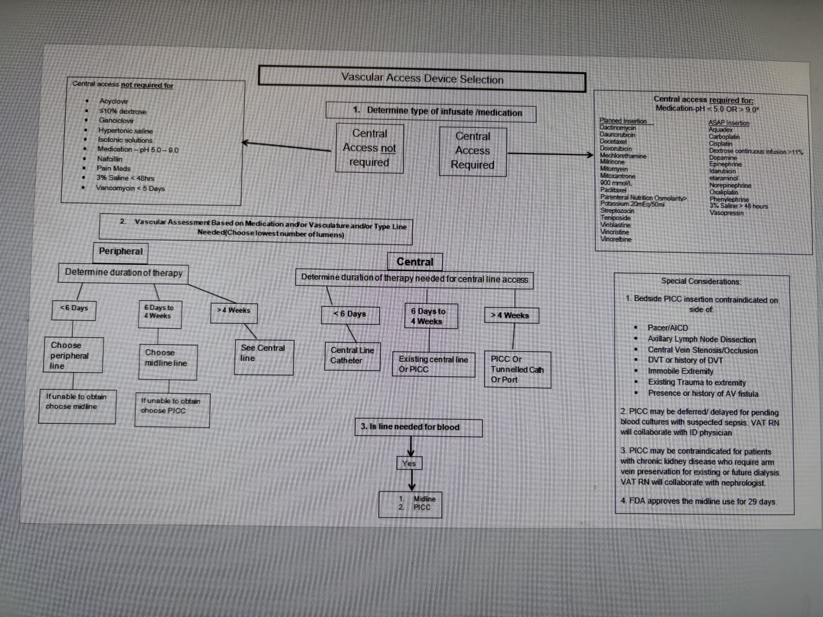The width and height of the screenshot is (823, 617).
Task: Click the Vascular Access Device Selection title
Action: coord(422,78)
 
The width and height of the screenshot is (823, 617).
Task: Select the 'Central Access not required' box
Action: coord(369,148)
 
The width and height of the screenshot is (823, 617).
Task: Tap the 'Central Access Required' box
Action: coord(473,151)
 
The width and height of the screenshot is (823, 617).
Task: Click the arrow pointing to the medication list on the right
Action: coord(550,153)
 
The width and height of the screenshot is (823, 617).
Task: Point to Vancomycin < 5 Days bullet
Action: coord(130,188)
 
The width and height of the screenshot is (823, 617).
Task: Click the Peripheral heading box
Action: coord(121,252)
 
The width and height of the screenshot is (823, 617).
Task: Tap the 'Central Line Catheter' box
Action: coord(352,356)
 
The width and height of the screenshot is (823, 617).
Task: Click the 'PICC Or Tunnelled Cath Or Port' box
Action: coord(517,369)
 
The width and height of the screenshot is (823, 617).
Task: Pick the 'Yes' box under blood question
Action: coord(409,464)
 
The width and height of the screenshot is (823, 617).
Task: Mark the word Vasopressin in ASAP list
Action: coord(726,213)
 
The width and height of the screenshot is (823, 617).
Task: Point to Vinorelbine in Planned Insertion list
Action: coord(616,239)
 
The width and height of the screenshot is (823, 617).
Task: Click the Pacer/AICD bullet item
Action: coord(667,328)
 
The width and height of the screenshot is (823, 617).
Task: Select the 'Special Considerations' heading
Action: coord(700,282)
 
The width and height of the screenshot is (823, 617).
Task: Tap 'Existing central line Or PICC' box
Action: coord(433,364)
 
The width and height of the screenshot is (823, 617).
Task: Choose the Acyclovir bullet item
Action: coord(114,101)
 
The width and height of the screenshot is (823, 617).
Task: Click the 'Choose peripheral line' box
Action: coord(73,356)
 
